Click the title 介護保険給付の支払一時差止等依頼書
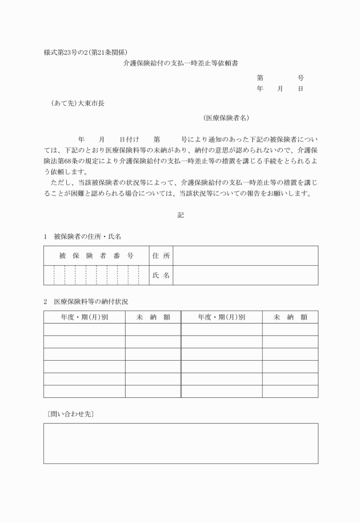181,65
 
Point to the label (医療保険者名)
226,118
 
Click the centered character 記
181,215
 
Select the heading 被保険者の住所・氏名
87,236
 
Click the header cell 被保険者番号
96,255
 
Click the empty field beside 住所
245,255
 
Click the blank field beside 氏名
245,275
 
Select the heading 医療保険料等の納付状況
95,301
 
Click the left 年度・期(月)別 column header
85,317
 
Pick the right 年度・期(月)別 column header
222,317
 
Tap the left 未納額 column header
153,317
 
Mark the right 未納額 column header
290,317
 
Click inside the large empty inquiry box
181,443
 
